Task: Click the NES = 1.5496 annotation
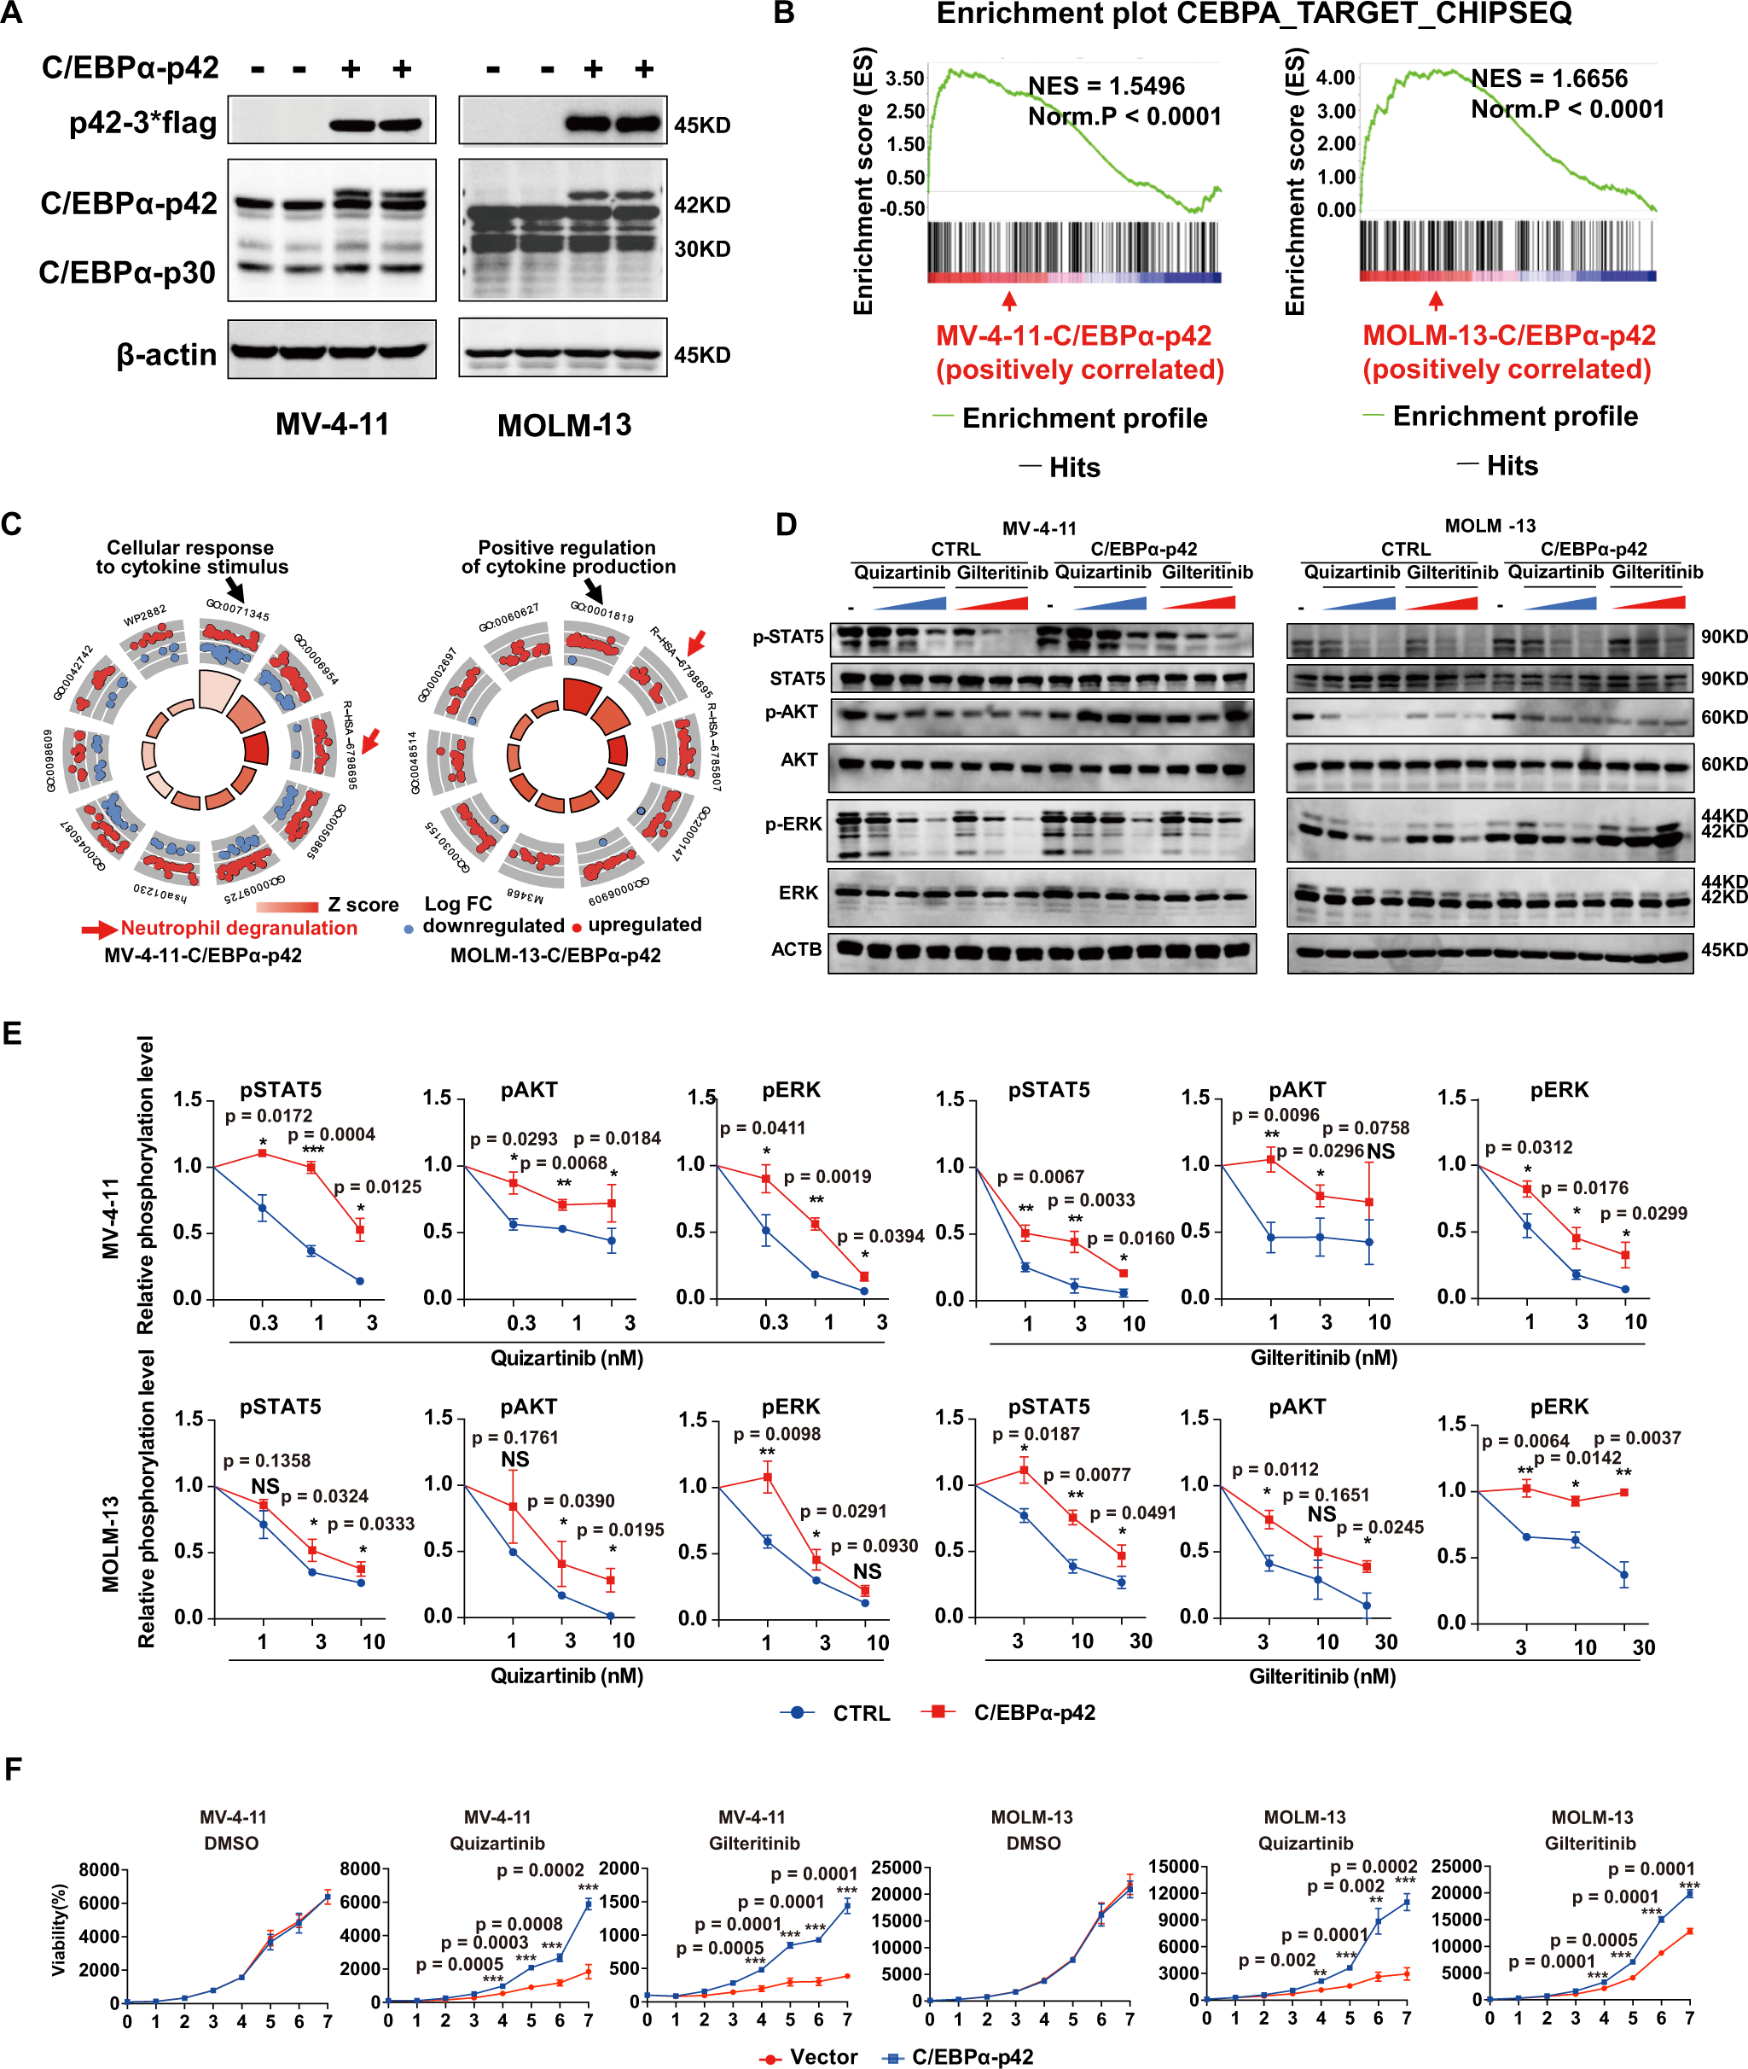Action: point(1106,86)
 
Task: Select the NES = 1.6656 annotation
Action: point(1548,79)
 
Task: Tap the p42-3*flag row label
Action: point(142,123)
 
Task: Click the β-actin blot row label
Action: point(166,354)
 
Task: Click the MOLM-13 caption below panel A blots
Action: point(563,425)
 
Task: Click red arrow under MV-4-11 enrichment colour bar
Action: point(1008,300)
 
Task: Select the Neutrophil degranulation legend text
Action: point(238,928)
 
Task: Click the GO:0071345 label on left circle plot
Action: point(238,609)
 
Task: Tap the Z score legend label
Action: point(363,904)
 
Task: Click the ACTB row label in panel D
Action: point(796,949)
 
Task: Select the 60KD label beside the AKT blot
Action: point(1722,764)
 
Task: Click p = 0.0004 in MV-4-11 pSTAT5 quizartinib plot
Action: point(331,1134)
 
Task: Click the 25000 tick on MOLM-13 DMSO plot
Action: point(896,1868)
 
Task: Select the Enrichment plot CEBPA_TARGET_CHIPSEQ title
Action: point(1253,14)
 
